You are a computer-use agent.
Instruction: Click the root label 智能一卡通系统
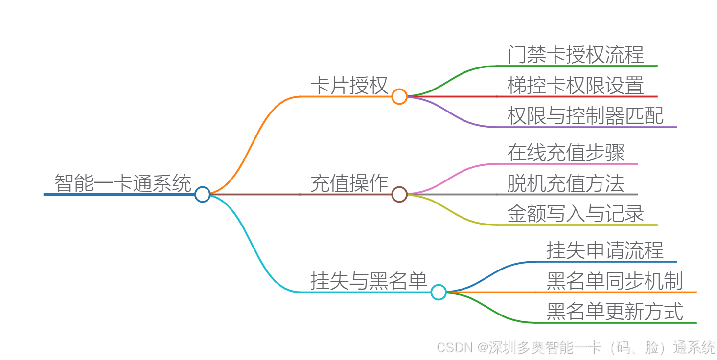(x=123, y=183)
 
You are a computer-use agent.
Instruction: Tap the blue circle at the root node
(x=202, y=194)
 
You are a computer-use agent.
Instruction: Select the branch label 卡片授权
(x=349, y=86)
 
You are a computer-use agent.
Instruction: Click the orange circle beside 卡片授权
(x=399, y=96)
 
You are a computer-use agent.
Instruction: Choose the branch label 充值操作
(x=349, y=184)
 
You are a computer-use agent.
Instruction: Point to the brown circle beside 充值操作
(x=399, y=194)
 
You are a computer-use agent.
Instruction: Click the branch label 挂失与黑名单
(x=369, y=281)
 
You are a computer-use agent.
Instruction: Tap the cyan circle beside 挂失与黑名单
(x=439, y=292)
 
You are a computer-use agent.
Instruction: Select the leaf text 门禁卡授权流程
(x=576, y=55)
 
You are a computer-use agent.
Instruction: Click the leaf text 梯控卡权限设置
(x=576, y=86)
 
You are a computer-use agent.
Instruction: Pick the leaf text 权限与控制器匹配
(x=585, y=116)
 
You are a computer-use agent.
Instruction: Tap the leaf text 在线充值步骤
(x=566, y=153)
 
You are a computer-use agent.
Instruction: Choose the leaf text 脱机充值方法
(x=566, y=183)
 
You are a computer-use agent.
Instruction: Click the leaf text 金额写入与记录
(x=576, y=214)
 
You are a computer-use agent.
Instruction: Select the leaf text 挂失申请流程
(x=605, y=250)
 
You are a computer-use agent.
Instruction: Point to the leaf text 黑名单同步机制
(x=615, y=281)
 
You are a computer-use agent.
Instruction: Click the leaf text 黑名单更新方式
(x=615, y=312)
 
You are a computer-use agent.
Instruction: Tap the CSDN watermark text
(x=576, y=347)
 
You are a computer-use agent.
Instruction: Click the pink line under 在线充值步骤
(x=568, y=164)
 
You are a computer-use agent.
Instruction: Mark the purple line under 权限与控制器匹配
(x=587, y=127)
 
